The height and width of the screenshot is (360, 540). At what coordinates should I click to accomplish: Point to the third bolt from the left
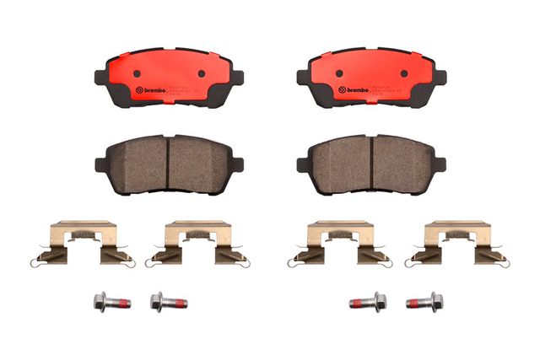[369, 301]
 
